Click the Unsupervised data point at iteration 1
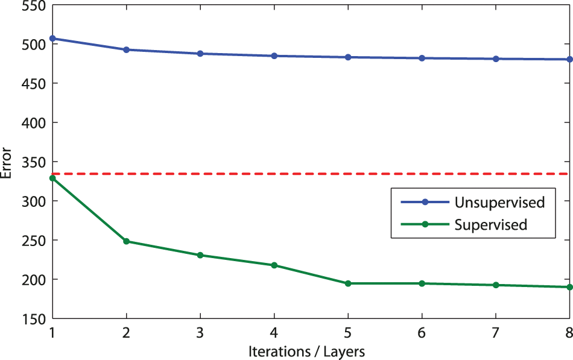click(52, 39)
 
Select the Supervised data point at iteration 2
click(127, 241)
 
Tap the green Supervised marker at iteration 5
click(348, 283)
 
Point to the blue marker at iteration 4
click(274, 56)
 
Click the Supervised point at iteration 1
click(52, 178)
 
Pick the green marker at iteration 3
click(200, 255)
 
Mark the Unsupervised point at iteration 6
click(422, 58)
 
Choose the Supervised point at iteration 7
click(496, 285)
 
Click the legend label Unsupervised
click(500, 202)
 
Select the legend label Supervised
click(491, 225)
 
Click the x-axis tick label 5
click(348, 332)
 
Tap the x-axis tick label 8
click(568, 332)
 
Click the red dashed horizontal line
click(302, 174)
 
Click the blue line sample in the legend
click(425, 202)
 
